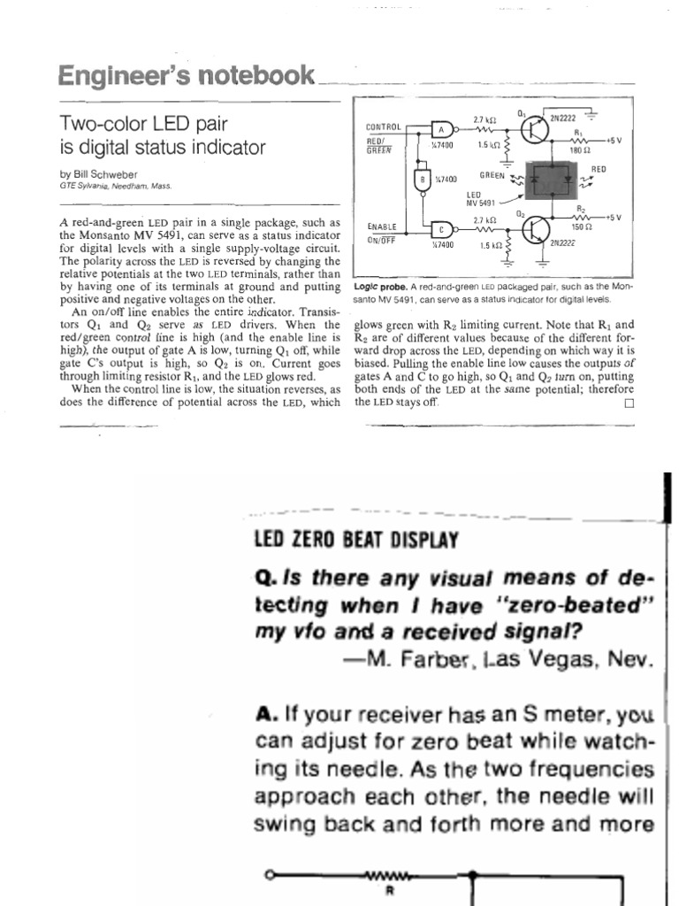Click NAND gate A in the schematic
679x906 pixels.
click(441, 127)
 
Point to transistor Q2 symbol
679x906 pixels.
click(533, 228)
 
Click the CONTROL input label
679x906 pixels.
click(383, 127)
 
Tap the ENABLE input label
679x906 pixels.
click(381, 227)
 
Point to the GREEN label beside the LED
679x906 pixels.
click(492, 175)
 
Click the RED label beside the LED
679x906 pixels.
click(599, 167)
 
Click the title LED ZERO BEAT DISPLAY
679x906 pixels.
click(355, 539)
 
